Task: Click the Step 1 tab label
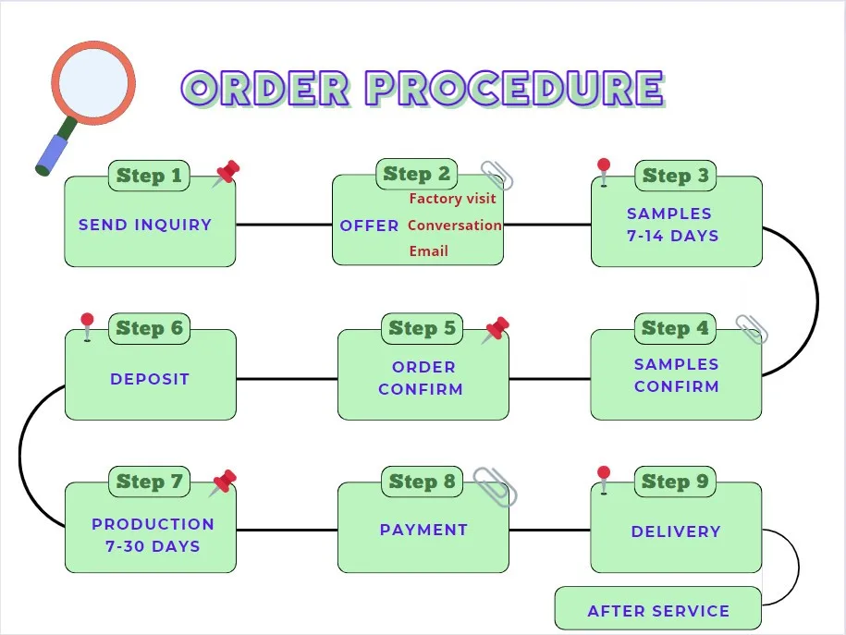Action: pyautogui.click(x=149, y=176)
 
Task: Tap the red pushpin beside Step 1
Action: pyautogui.click(x=226, y=173)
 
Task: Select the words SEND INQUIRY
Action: pyautogui.click(x=145, y=225)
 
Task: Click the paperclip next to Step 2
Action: pyautogui.click(x=497, y=175)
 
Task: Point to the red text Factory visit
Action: pyautogui.click(x=452, y=199)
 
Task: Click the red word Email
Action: pyautogui.click(x=428, y=251)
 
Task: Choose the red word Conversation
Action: pyautogui.click(x=454, y=226)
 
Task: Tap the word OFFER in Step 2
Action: pyautogui.click(x=369, y=226)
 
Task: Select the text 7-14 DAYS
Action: pyautogui.click(x=672, y=236)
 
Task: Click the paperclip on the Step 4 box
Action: pyautogui.click(x=751, y=328)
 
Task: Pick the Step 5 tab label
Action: pyautogui.click(x=422, y=328)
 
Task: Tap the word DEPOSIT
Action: pyautogui.click(x=150, y=379)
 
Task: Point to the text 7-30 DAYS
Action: pyautogui.click(x=153, y=546)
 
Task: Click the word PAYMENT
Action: pyautogui.click(x=423, y=530)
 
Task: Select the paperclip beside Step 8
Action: pyautogui.click(x=495, y=486)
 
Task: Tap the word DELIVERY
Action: pyautogui.click(x=675, y=531)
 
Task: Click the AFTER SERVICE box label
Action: pyautogui.click(x=658, y=611)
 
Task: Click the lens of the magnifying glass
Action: pyautogui.click(x=93, y=81)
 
